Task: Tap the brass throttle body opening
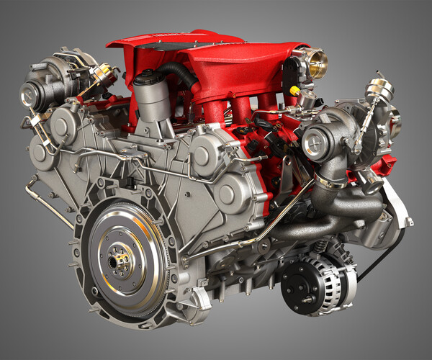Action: coord(318,59)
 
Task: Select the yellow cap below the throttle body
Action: coord(295,90)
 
